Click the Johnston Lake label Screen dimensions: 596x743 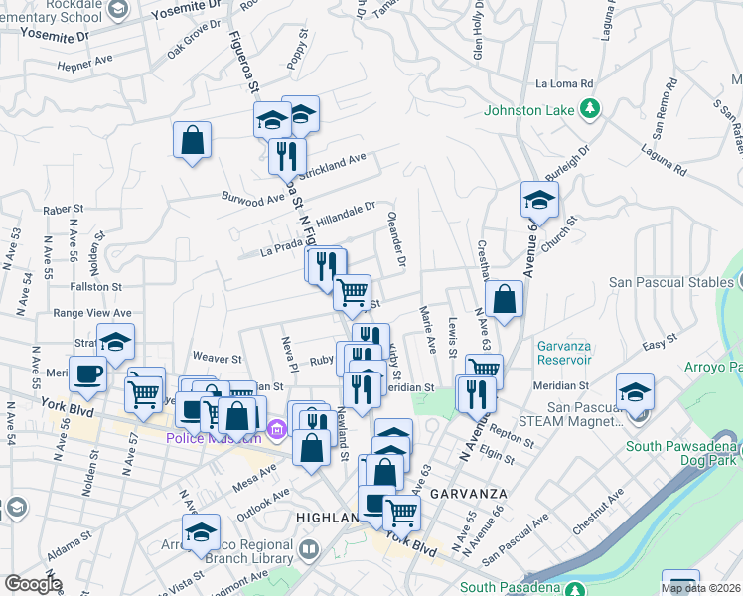click(528, 110)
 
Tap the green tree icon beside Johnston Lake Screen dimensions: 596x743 click(591, 108)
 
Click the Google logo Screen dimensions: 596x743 click(33, 584)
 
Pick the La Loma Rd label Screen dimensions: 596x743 click(563, 83)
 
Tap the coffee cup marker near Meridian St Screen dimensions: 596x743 click(87, 374)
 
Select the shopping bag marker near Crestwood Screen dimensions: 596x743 click(505, 299)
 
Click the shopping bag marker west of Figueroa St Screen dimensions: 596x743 click(192, 139)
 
